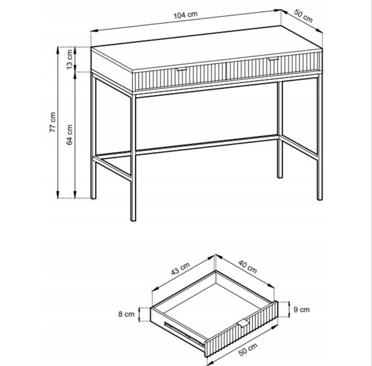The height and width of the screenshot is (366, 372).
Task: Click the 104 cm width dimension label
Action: point(185,15)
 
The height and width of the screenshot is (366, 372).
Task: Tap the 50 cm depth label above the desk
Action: point(303,16)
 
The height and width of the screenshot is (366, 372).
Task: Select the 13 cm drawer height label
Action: point(69,59)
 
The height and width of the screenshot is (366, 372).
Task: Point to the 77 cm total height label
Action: point(52,122)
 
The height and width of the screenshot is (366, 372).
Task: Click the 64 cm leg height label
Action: point(69,135)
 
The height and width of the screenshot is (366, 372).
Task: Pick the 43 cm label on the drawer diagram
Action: point(180,269)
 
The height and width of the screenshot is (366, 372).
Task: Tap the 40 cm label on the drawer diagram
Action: point(247,267)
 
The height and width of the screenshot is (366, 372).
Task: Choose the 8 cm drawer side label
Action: point(126,314)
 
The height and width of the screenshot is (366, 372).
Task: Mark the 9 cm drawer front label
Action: point(302,309)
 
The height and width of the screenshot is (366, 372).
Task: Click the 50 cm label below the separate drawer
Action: point(248,349)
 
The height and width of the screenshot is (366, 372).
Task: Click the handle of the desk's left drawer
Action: point(182,69)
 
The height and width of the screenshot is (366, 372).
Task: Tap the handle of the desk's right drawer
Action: point(273,59)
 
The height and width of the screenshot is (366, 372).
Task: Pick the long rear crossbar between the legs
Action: point(206,146)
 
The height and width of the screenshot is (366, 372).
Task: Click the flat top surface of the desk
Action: point(206,48)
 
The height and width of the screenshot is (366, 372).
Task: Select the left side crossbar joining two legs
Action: point(112,168)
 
